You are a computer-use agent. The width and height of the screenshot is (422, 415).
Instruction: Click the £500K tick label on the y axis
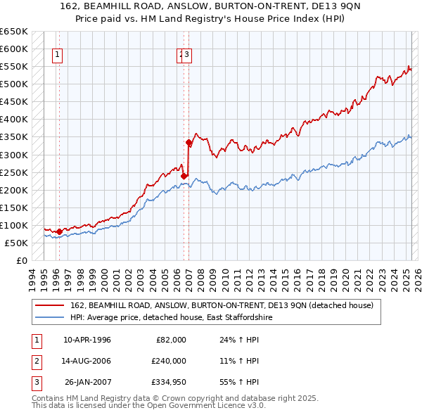coord(14,84)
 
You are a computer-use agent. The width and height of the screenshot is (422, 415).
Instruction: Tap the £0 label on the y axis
coord(22,260)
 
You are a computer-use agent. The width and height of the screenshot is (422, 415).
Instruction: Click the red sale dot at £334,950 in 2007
coord(188,142)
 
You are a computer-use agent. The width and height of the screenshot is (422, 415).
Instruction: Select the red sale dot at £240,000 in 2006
coord(184,176)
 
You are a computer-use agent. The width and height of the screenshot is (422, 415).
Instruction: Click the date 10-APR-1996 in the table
coord(87,340)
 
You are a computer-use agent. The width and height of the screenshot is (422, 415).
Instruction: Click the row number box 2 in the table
coord(35,361)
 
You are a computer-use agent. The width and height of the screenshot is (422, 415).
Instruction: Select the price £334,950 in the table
coord(169,383)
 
